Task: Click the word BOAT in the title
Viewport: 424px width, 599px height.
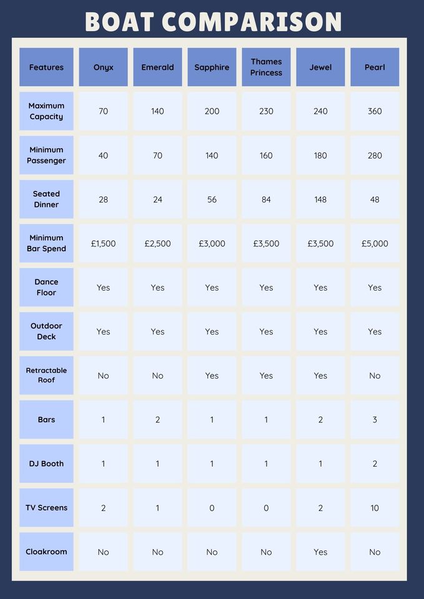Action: [x=119, y=22]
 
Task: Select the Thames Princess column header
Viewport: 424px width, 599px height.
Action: [x=266, y=67]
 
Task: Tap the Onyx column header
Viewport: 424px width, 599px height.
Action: [x=103, y=67]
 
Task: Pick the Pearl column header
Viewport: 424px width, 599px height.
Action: [x=375, y=67]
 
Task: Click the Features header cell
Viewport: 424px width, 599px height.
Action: [x=46, y=67]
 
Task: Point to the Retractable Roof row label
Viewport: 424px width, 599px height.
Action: [x=46, y=375]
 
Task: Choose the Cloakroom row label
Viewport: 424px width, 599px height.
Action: [x=46, y=552]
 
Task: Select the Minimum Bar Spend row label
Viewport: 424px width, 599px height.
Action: [x=46, y=243]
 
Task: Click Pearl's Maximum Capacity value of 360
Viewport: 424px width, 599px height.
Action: [x=375, y=111]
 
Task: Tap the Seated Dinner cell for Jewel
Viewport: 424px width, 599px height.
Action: [x=320, y=200]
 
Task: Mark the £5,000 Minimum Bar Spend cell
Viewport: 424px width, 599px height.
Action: [x=375, y=243]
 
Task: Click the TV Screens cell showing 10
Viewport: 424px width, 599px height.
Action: [x=375, y=508]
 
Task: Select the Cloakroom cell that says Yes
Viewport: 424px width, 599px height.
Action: [x=320, y=552]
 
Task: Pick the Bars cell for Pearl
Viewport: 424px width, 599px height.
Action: [x=375, y=420]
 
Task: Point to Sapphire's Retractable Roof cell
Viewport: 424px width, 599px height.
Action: [x=212, y=376]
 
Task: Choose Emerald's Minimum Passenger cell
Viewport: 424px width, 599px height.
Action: [x=157, y=155]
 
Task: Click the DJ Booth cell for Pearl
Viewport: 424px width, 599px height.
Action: [x=375, y=464]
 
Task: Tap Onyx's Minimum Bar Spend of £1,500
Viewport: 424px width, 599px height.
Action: [x=103, y=243]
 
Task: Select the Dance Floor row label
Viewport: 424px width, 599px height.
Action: [x=46, y=287]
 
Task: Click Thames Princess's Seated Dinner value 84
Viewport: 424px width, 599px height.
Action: [x=266, y=200]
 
